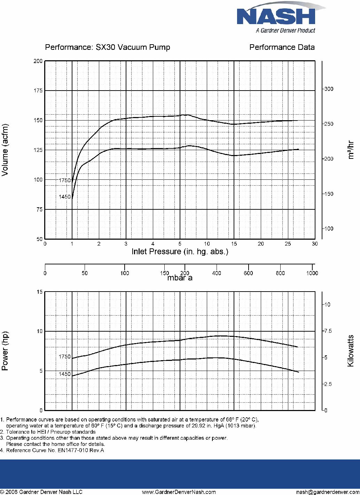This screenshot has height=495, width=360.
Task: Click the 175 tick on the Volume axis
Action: click(x=38, y=90)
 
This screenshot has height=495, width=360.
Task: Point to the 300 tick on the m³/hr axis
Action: click(x=329, y=89)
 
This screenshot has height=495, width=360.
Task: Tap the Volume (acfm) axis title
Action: click(x=5, y=150)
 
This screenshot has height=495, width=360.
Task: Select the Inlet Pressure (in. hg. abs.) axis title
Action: click(x=180, y=252)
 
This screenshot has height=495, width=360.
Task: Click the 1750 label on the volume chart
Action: click(x=64, y=180)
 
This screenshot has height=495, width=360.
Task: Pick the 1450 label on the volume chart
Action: click(x=64, y=197)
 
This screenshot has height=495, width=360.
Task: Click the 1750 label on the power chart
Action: click(x=64, y=356)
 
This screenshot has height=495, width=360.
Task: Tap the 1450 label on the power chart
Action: click(x=64, y=374)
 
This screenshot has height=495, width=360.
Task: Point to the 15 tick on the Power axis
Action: click(x=40, y=292)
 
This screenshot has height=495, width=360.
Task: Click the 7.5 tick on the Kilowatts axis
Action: click(x=328, y=331)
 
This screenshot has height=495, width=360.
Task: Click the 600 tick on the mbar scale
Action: click(x=248, y=273)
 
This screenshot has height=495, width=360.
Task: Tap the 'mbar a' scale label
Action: click(x=180, y=278)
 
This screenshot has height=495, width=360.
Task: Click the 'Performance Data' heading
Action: click(x=282, y=47)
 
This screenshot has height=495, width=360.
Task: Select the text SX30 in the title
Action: click(x=105, y=47)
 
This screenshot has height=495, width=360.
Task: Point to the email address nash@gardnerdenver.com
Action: click(x=328, y=492)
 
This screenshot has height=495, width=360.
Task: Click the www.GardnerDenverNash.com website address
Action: click(x=179, y=492)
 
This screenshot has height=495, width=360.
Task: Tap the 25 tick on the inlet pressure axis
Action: click(x=288, y=244)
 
